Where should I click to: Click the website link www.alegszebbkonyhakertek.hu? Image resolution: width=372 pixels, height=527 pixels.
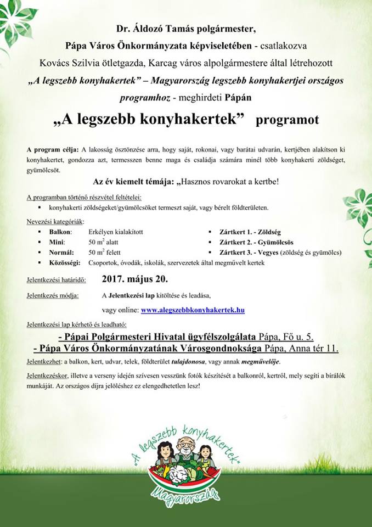(193, 310)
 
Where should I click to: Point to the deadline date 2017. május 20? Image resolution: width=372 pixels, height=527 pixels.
(139, 279)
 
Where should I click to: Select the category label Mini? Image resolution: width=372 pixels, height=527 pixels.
(57, 242)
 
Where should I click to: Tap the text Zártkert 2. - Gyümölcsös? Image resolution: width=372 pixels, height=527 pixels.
(250, 242)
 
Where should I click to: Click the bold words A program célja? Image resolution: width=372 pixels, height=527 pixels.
(52, 149)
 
